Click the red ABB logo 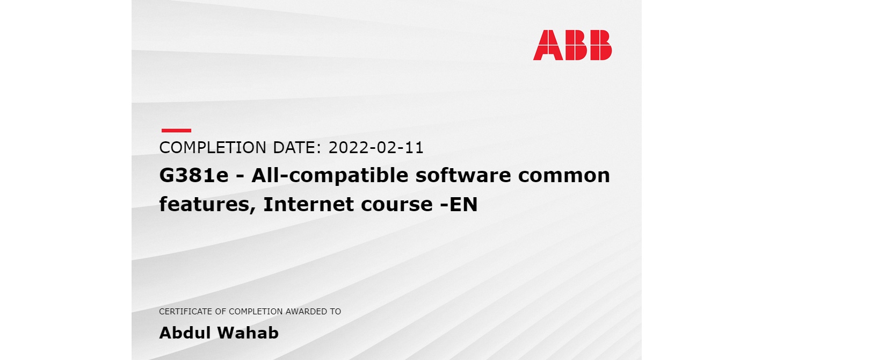coord(572,45)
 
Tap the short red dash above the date coord(176,130)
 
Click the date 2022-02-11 coord(376,148)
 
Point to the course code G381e coord(194,176)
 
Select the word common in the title coord(564,176)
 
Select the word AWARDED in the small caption coord(307,312)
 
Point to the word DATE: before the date coord(298,148)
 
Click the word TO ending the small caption coord(336,312)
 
